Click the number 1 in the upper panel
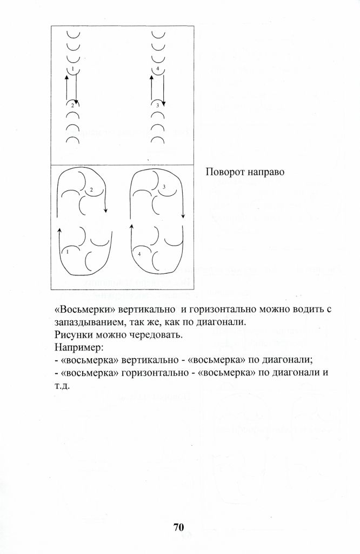[x=72, y=69]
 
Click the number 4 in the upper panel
[x=157, y=69]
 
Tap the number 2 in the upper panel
[x=72, y=105]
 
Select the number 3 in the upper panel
[x=157, y=105]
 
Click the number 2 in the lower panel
[x=91, y=190]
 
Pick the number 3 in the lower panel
[x=163, y=186]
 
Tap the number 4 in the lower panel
[x=139, y=253]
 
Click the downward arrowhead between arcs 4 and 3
[x=161, y=101]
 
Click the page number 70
[x=179, y=527]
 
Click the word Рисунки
[x=73, y=334]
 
